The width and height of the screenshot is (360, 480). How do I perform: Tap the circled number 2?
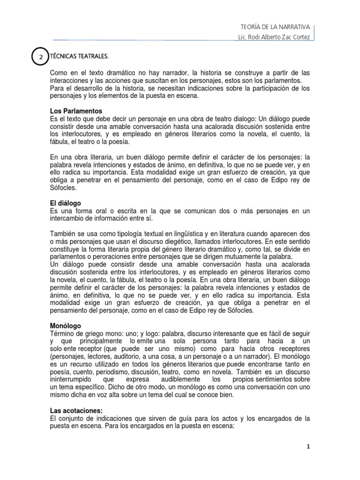(41, 57)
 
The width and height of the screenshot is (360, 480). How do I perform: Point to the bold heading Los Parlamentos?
(76, 111)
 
